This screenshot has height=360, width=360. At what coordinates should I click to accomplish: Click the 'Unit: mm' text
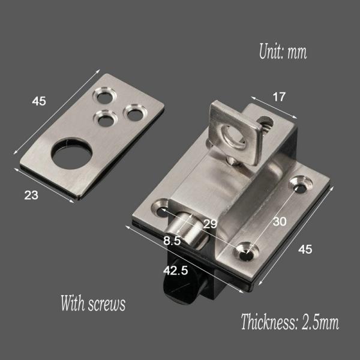[x=283, y=52]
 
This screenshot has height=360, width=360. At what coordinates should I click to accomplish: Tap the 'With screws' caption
[x=93, y=303]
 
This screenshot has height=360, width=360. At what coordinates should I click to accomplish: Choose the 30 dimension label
[x=279, y=221]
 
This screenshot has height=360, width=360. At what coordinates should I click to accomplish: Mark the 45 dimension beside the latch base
[x=305, y=250]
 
